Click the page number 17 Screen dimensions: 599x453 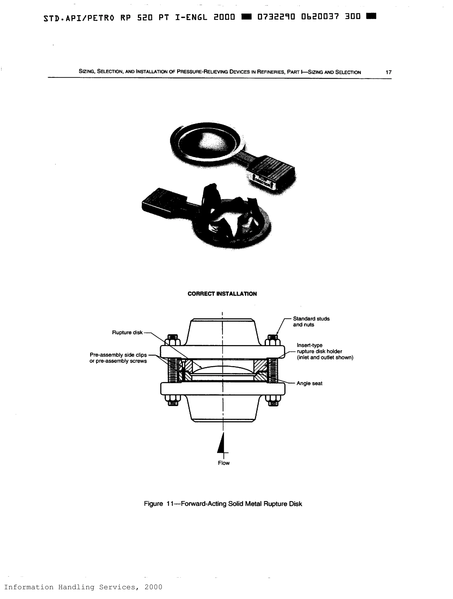(x=388, y=72)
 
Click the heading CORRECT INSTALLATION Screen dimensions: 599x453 (x=222, y=294)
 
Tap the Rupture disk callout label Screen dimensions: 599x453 (x=127, y=332)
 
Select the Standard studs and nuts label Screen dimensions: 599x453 (x=311, y=322)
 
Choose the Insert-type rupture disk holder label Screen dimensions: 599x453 (x=325, y=351)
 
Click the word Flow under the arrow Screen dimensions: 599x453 (x=224, y=463)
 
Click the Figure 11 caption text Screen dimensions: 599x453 (x=223, y=504)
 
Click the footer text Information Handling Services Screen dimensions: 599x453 (x=83, y=587)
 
